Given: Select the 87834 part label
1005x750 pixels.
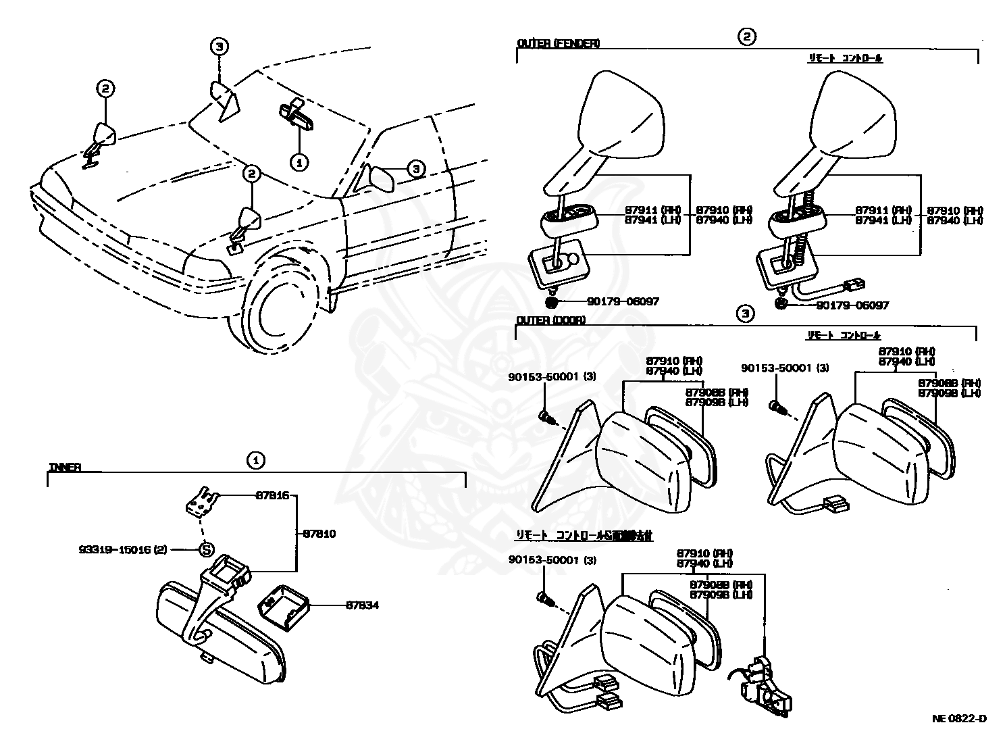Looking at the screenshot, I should (x=362, y=605).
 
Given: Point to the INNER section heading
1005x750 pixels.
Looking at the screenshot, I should (x=65, y=467).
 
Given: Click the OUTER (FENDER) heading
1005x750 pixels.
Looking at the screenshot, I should (x=558, y=43).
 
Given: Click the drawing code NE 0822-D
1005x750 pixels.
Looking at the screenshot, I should (x=959, y=718).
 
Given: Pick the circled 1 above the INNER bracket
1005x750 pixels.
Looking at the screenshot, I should (x=255, y=461).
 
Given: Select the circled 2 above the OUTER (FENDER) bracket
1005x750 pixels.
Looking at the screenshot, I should (x=746, y=37).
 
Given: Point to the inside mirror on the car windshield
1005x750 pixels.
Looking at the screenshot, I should (x=297, y=114).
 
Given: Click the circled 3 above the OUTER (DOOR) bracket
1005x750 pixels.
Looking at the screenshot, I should (x=745, y=314).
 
